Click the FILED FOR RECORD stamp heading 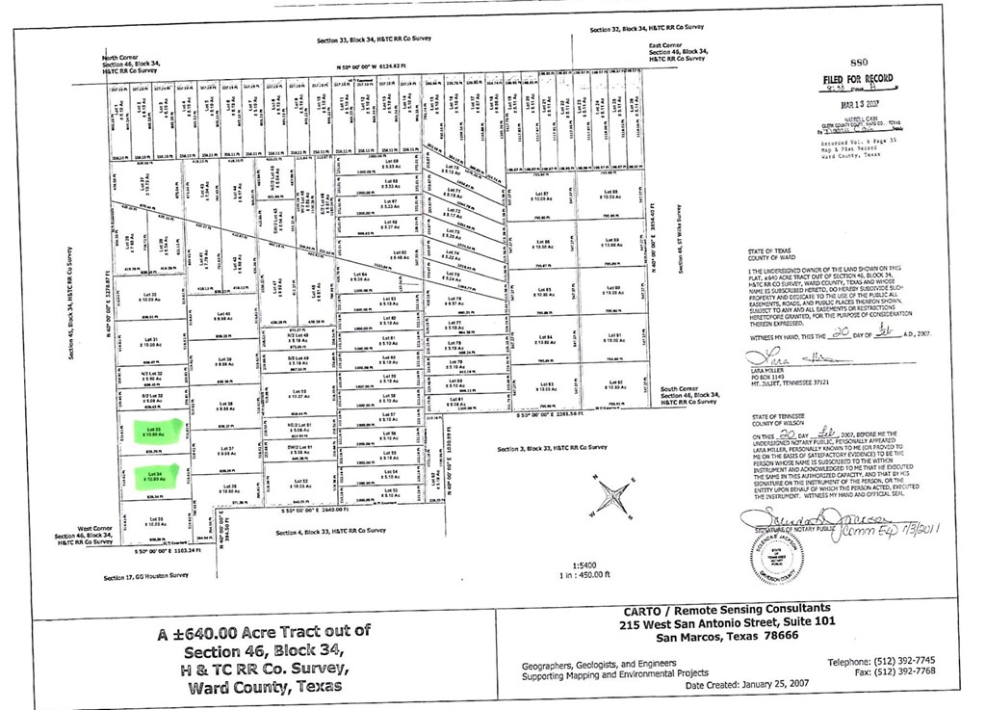pos(857,79)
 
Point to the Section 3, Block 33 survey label pos(552,449)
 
